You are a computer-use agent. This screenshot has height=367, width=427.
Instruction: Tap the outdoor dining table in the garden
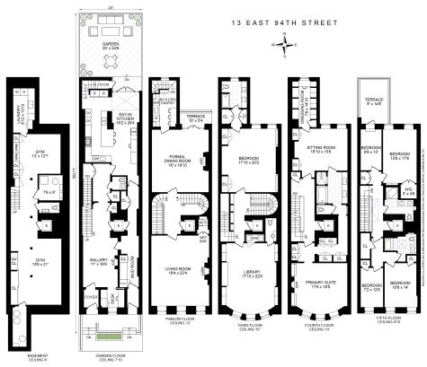point(110,62)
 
